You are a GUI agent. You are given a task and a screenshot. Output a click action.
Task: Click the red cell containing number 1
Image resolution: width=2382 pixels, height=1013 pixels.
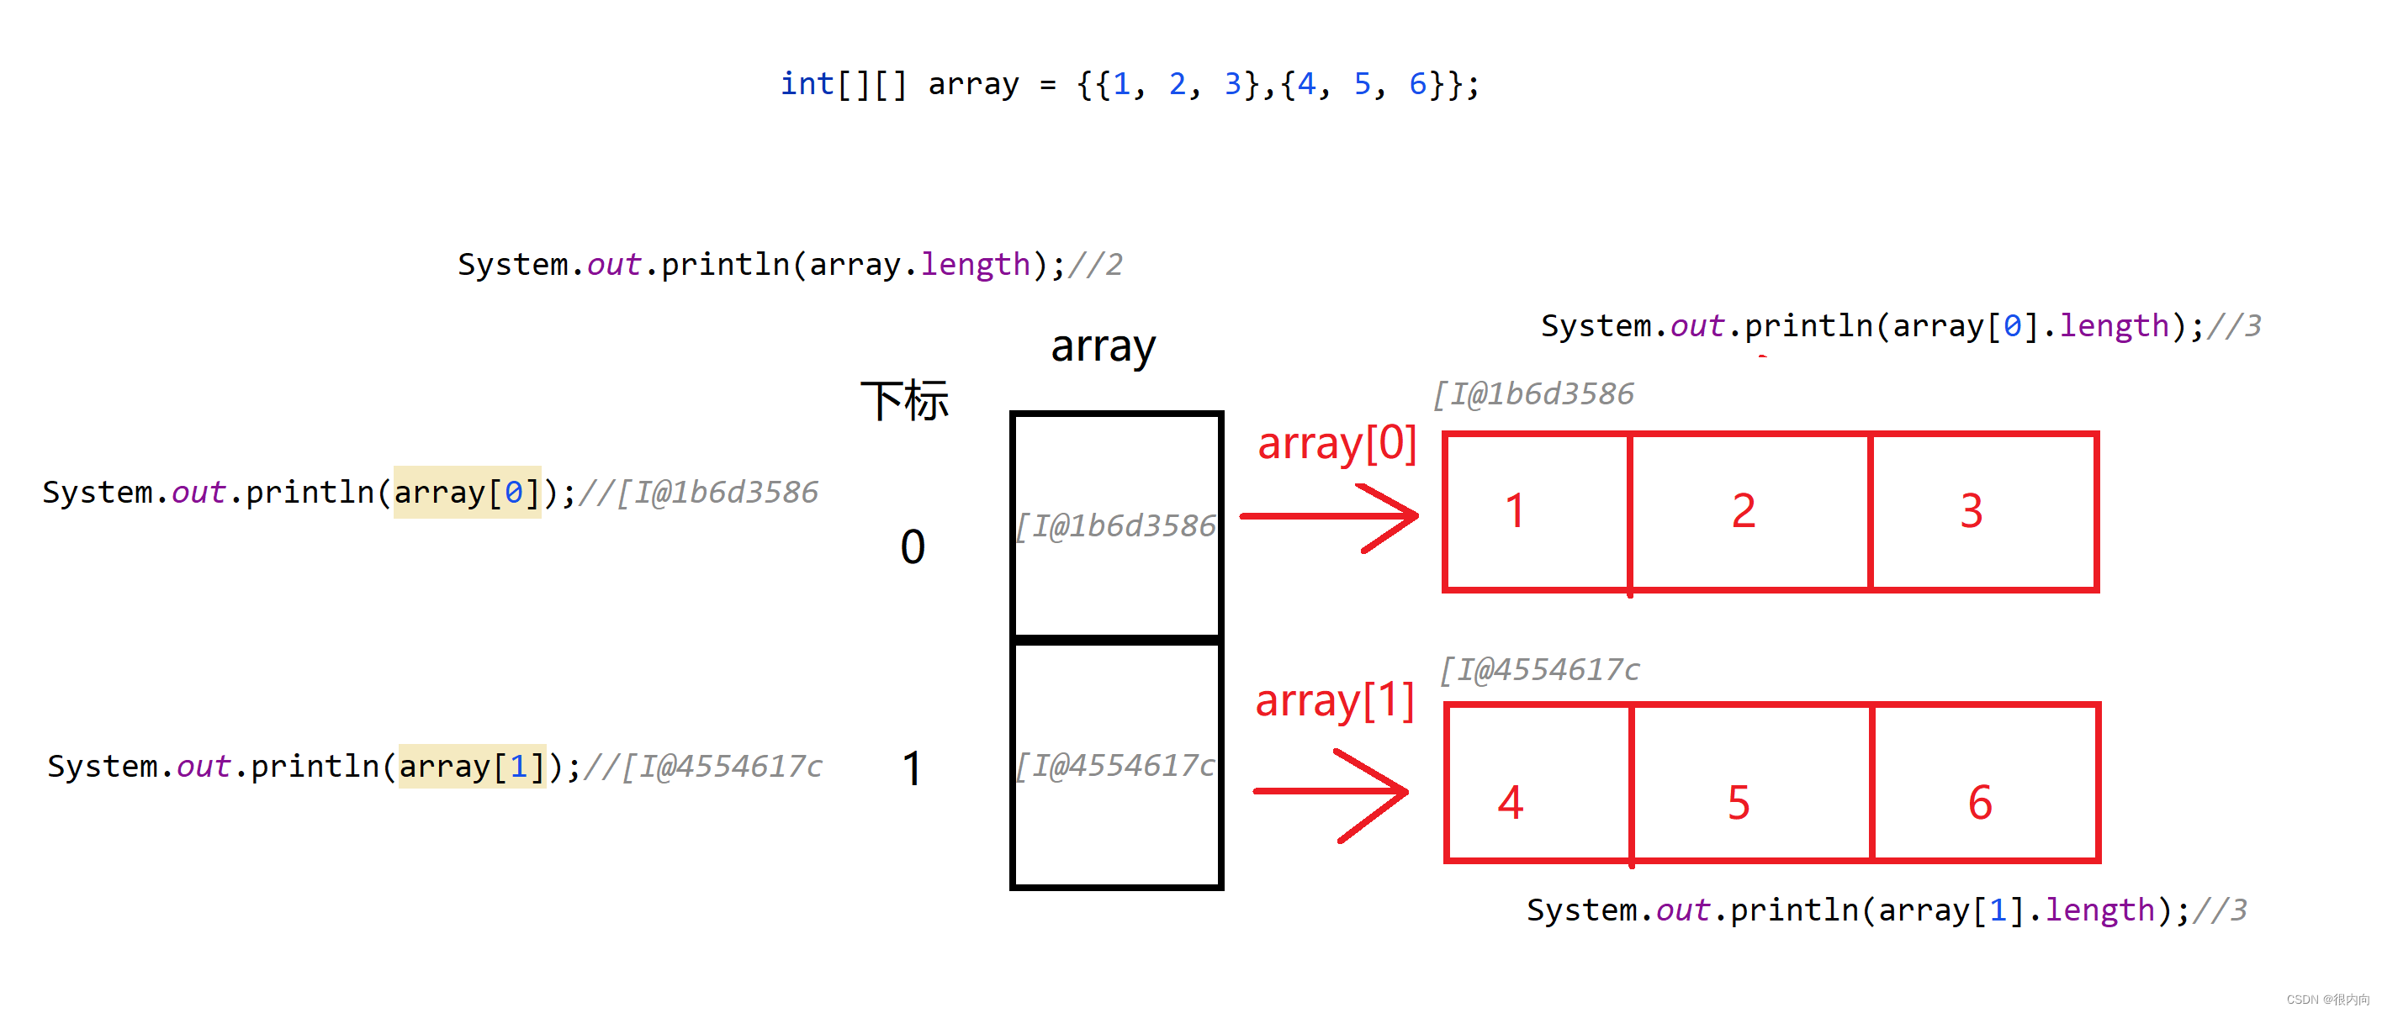click(x=1536, y=511)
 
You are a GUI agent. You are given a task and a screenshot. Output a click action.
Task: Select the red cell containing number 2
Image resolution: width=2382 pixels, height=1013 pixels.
click(x=1749, y=511)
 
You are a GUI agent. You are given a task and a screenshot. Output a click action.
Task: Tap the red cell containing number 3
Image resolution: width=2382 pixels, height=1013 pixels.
click(x=1982, y=511)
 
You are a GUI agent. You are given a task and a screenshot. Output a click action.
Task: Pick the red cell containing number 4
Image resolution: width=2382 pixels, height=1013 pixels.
click(x=1538, y=783)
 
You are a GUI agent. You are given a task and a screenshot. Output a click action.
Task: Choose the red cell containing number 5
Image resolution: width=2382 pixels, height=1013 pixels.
click(x=1750, y=783)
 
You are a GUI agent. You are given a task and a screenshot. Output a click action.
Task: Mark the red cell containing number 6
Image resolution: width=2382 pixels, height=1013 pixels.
click(x=1984, y=783)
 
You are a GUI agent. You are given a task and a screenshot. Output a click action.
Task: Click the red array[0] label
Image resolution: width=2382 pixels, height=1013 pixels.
click(x=1337, y=444)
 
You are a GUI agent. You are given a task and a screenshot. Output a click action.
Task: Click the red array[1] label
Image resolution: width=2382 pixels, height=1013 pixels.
click(x=1334, y=700)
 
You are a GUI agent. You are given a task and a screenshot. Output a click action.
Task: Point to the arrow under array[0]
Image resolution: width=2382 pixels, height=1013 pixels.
click(x=1329, y=517)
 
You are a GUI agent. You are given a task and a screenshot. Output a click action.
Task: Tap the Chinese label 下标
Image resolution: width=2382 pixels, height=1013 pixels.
click(x=904, y=401)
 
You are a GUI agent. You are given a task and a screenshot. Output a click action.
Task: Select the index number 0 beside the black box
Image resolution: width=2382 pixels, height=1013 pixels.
click(x=912, y=546)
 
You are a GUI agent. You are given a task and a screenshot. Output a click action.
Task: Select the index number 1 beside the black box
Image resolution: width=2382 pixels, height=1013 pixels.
click(x=912, y=768)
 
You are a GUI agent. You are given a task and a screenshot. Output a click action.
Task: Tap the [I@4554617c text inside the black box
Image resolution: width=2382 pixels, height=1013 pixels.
click(x=1115, y=765)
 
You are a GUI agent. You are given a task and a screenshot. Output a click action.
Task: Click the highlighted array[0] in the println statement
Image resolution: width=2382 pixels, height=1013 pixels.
click(x=467, y=492)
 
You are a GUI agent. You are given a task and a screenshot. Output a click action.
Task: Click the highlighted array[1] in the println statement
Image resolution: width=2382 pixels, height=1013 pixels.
click(x=472, y=766)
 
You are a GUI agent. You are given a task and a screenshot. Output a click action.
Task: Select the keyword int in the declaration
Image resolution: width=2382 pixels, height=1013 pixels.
click(x=807, y=84)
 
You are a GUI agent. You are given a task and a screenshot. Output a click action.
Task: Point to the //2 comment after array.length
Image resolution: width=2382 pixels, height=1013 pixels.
click(x=1096, y=266)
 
